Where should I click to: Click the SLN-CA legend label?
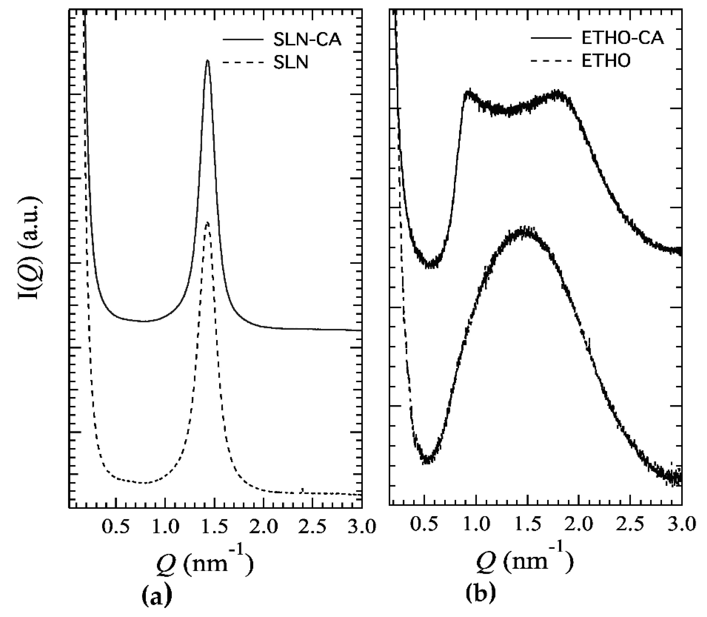(x=307, y=40)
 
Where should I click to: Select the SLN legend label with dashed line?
(x=291, y=63)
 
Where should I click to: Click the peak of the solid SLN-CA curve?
(x=207, y=61)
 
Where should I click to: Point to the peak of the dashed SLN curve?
(x=207, y=222)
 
